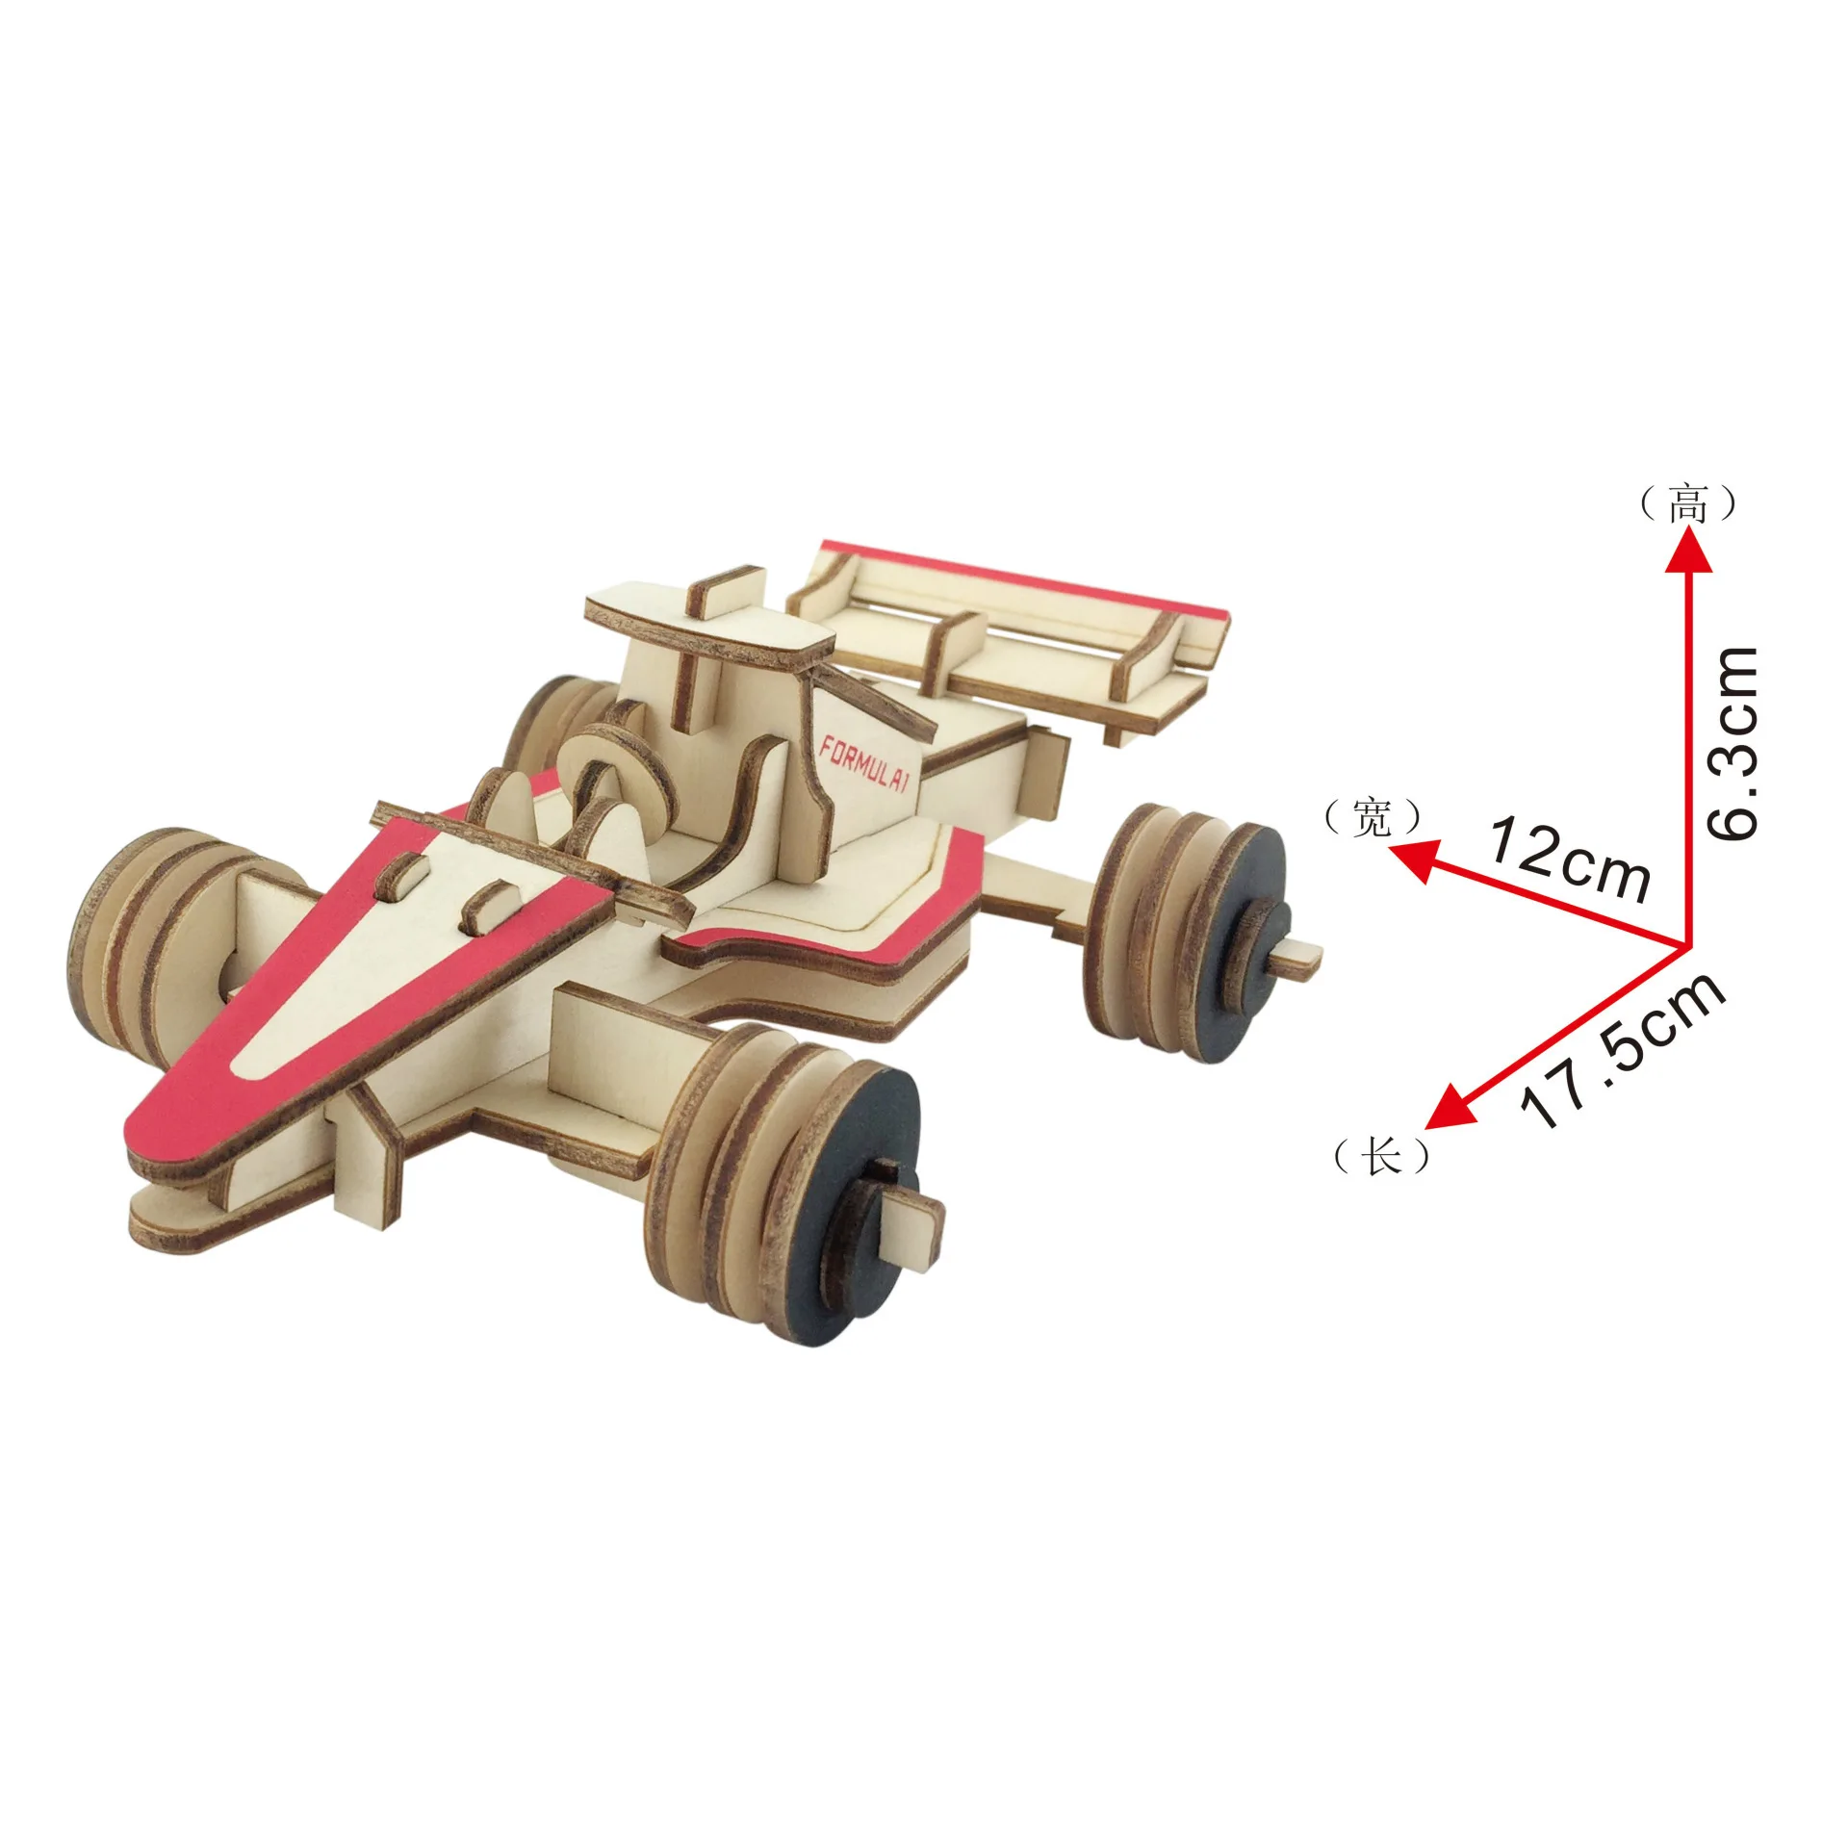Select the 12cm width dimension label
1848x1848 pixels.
(1569, 848)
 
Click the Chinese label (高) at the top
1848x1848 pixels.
(1687, 504)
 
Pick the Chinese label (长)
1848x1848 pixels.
(1380, 1155)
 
